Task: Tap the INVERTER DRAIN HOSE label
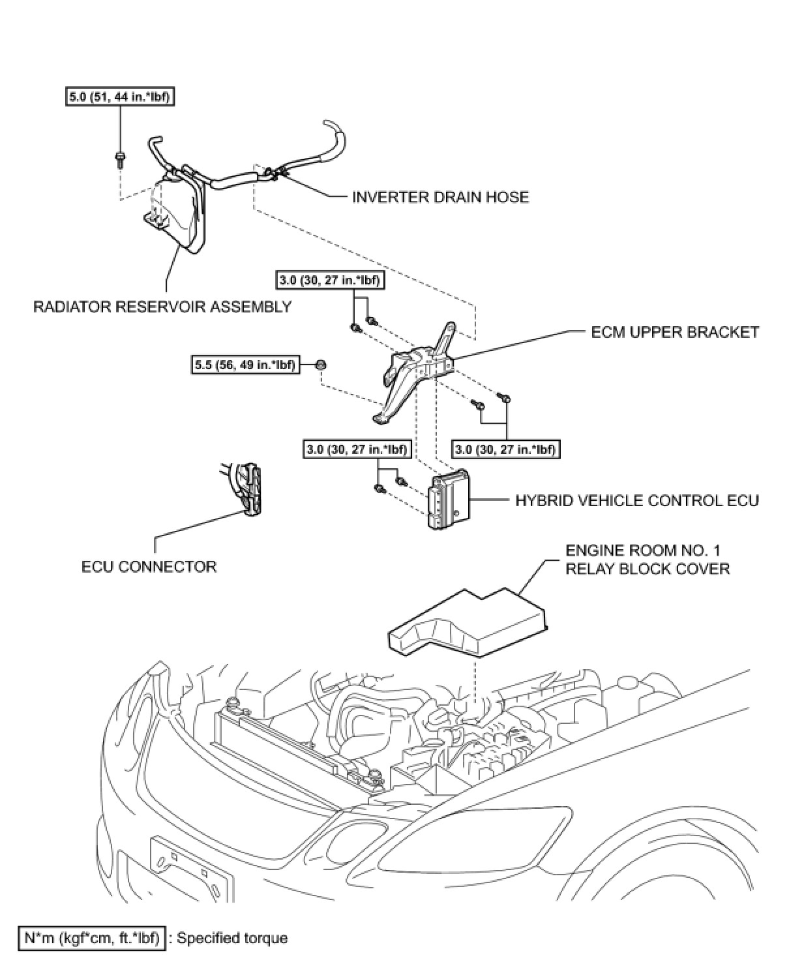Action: coord(440,196)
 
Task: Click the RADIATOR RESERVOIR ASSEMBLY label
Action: coord(162,306)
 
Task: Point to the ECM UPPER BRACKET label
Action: coord(675,332)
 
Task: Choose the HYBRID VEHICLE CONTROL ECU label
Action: coord(637,501)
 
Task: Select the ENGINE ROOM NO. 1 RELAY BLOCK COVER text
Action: coord(647,560)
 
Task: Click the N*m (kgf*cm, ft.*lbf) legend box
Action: coord(92,938)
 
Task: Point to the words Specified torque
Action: coord(232,939)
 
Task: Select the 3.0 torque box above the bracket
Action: coord(330,280)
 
